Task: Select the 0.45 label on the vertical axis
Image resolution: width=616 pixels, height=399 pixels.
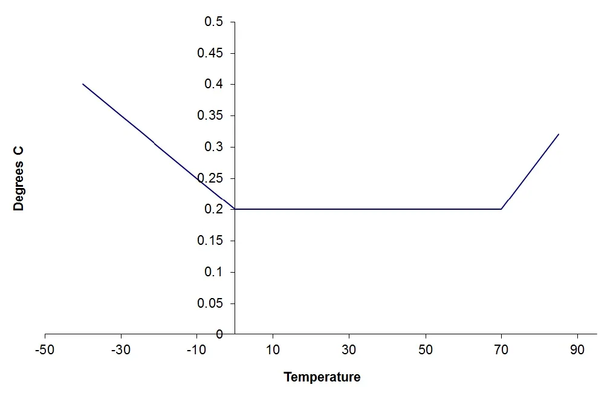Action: point(210,53)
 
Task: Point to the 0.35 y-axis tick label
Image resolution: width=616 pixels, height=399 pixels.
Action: point(210,116)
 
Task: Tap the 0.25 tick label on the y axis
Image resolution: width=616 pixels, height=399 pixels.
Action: point(210,178)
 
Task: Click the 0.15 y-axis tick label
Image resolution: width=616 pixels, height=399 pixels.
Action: point(210,241)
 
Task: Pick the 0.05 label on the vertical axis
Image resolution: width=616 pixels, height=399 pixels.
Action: point(210,303)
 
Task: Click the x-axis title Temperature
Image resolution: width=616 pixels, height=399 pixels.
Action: point(322,377)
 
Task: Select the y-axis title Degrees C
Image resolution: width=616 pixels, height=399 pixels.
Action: point(19,178)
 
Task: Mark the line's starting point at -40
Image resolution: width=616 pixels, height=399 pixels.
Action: point(83,84)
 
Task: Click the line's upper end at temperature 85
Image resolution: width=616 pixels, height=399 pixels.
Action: point(559,134)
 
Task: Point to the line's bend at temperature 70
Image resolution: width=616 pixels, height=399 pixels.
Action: point(501,209)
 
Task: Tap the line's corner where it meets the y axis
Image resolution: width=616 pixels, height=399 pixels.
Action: point(235,209)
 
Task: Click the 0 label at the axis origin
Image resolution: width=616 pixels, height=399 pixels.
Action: point(219,334)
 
